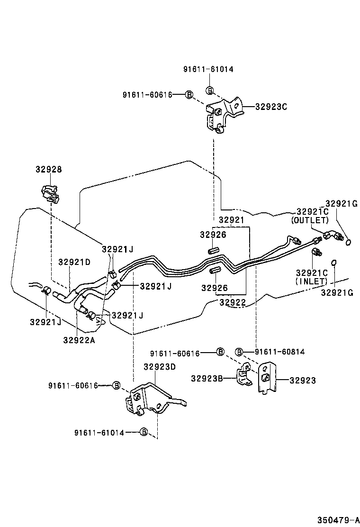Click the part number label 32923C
tap(271, 107)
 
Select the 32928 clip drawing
tap(49, 193)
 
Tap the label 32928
tap(48, 169)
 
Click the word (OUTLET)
tap(310, 220)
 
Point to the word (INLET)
tap(311, 281)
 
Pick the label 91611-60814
tap(279, 352)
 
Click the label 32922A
tap(79, 339)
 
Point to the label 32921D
tap(74, 262)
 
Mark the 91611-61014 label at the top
tap(208, 69)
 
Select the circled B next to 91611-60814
tap(239, 352)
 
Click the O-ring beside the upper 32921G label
tap(349, 243)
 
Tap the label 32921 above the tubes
tap(231, 220)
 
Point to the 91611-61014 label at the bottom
tap(99, 432)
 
